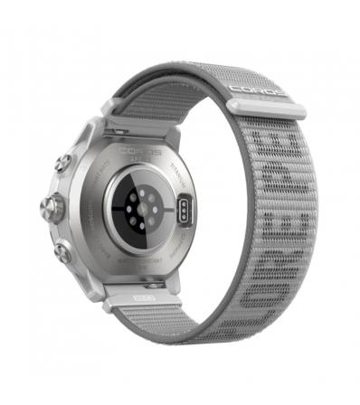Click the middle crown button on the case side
tap(50, 209)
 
